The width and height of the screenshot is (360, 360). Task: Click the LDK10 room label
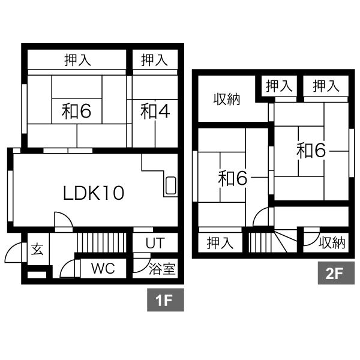click(94, 193)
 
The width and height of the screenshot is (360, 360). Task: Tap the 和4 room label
click(155, 112)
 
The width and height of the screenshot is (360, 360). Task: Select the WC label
click(103, 268)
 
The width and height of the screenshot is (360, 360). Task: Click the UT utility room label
click(155, 243)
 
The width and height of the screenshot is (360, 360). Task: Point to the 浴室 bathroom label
click(162, 269)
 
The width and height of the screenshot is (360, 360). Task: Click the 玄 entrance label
click(37, 249)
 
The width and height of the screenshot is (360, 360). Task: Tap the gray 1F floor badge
click(166, 300)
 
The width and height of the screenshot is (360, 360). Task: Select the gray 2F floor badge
click(336, 273)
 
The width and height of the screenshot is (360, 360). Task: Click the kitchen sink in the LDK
click(170, 185)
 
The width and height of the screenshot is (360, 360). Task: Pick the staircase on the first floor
click(102, 242)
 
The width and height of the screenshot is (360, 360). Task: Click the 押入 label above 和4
click(154, 60)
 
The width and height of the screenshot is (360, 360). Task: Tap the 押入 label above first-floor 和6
click(77, 60)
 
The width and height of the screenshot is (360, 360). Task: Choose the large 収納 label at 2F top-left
click(227, 100)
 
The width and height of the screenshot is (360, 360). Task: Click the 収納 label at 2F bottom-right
click(332, 242)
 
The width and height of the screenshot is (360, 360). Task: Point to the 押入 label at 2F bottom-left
click(220, 243)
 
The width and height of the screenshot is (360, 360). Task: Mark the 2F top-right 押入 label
click(326, 86)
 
